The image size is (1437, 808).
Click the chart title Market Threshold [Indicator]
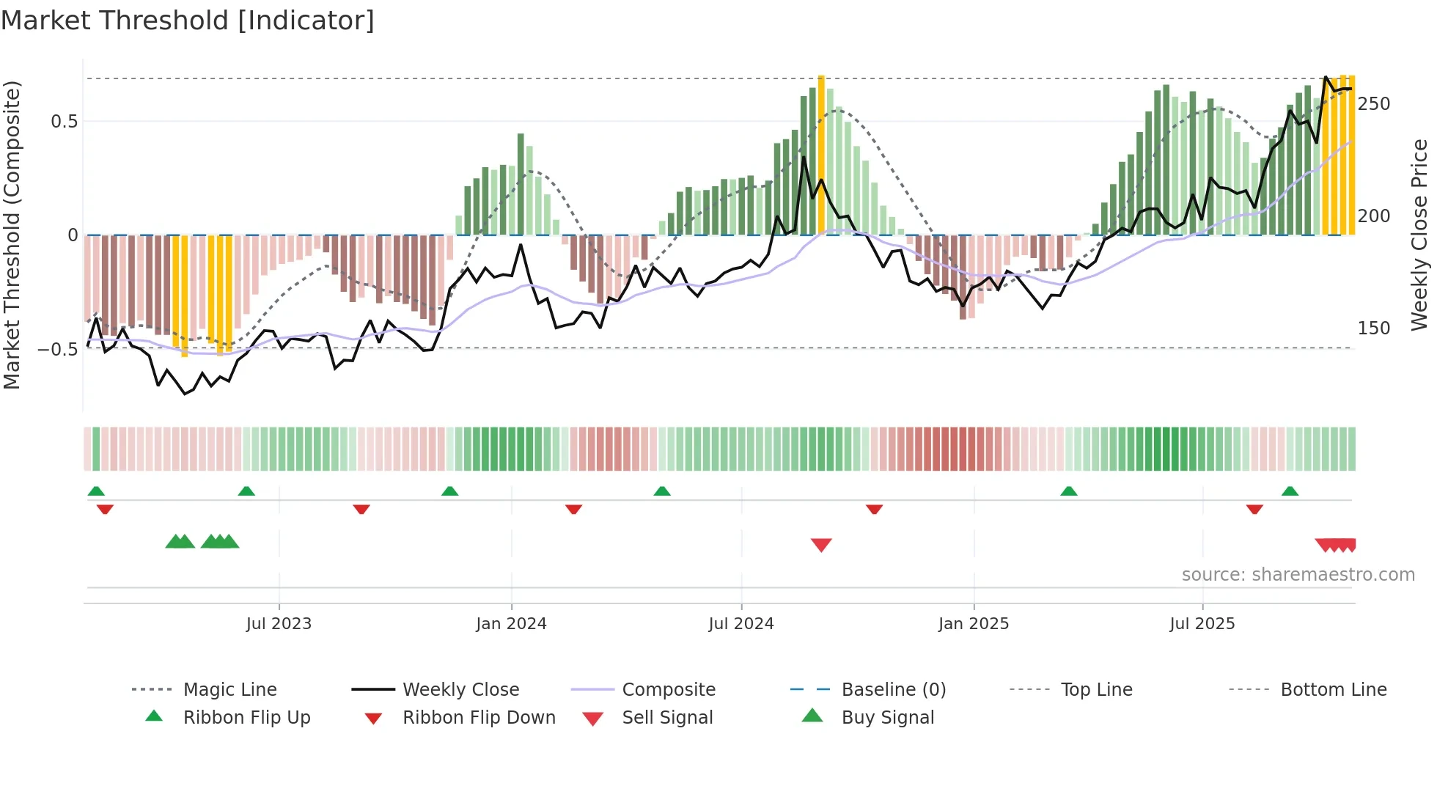188,21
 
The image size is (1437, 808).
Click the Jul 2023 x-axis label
279,624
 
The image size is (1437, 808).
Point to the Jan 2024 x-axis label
511,624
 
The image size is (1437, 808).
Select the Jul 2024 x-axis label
741,624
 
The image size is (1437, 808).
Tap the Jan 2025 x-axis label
974,624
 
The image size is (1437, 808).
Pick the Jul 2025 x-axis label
1202,624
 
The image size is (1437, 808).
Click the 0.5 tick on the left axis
64,122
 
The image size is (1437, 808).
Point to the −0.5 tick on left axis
58,349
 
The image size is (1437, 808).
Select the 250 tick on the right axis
1374,104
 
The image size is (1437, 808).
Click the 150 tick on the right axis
1374,328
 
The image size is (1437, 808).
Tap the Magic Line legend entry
229,690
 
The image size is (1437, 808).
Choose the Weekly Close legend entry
460,690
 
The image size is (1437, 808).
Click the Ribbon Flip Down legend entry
479,718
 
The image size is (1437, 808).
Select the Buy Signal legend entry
887,718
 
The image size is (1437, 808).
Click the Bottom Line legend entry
1333,690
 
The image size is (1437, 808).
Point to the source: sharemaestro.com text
1298,575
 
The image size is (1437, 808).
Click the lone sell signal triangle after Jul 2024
821,545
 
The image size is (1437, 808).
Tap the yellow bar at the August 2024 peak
821,154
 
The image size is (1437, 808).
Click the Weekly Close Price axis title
1419,235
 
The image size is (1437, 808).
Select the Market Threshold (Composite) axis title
12,235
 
